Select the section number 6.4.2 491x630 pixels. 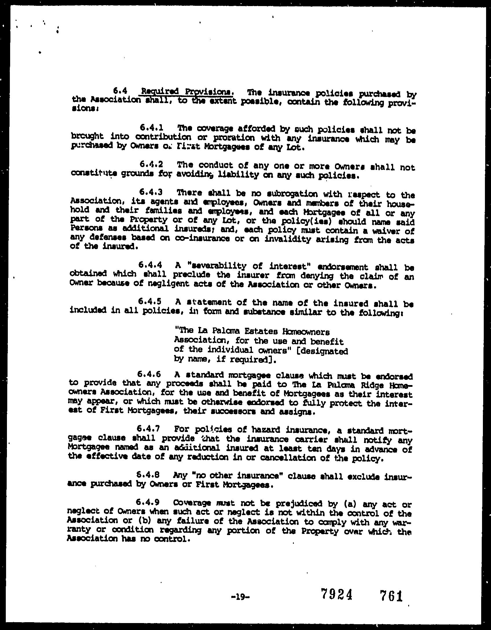point(151,164)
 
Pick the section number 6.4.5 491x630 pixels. point(150,301)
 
